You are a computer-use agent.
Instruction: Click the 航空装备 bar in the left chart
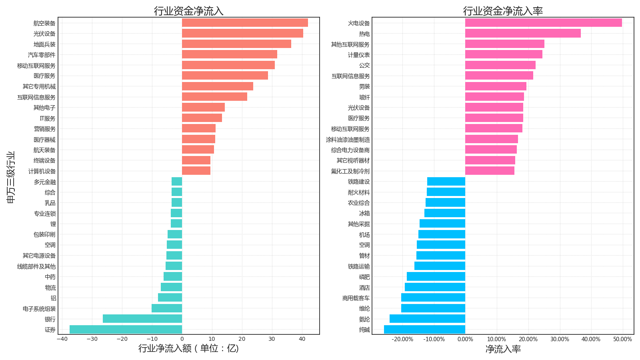[x=245, y=23]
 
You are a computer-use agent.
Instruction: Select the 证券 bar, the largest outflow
[x=126, y=330]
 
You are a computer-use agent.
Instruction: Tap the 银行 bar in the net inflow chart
[x=142, y=319]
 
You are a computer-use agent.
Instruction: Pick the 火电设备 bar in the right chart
[x=543, y=23]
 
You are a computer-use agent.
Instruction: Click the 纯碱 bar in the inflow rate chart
[x=424, y=330]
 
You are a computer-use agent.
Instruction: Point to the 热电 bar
[x=523, y=34]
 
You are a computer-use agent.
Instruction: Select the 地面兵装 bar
[x=236, y=44]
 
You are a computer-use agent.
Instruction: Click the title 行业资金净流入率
[x=503, y=11]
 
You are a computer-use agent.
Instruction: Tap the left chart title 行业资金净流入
[x=188, y=11]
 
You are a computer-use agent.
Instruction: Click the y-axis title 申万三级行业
[x=11, y=177]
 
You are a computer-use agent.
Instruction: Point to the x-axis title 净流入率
[x=503, y=349]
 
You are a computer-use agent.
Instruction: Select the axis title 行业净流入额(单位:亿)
[x=188, y=348]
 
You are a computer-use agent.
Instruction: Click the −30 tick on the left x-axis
[x=92, y=339]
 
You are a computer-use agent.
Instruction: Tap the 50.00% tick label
[x=622, y=339]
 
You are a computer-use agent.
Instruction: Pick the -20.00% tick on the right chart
[x=402, y=339]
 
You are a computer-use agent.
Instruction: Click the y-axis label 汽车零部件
[x=42, y=55]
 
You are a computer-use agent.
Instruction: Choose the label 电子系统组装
[x=39, y=309]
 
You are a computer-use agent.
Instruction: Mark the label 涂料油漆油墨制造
[x=348, y=140]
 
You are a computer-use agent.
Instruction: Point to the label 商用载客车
[x=356, y=298]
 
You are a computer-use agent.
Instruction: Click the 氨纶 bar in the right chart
[x=427, y=319]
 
